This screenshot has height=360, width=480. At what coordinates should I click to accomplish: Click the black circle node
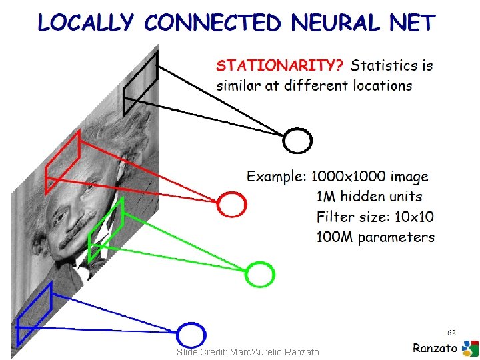[x=297, y=140]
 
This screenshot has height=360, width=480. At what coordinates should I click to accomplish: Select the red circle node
[x=232, y=204]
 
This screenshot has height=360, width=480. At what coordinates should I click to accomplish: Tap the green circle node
[x=259, y=273]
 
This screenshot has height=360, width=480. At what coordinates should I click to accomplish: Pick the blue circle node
[x=191, y=335]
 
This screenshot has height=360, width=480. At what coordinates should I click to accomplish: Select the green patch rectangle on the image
[x=106, y=231]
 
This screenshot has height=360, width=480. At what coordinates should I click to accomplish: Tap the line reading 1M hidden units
[x=369, y=197]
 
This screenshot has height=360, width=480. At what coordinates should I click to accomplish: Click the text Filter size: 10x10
[x=375, y=217]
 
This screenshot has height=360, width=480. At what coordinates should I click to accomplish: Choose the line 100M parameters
[x=375, y=237]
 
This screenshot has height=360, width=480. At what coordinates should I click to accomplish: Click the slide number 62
[x=451, y=331]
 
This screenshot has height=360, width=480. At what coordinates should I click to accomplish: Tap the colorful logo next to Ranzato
[x=470, y=348]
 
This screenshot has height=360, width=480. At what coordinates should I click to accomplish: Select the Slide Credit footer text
[x=248, y=352]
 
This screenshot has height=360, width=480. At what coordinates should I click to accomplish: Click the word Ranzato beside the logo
[x=435, y=347]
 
